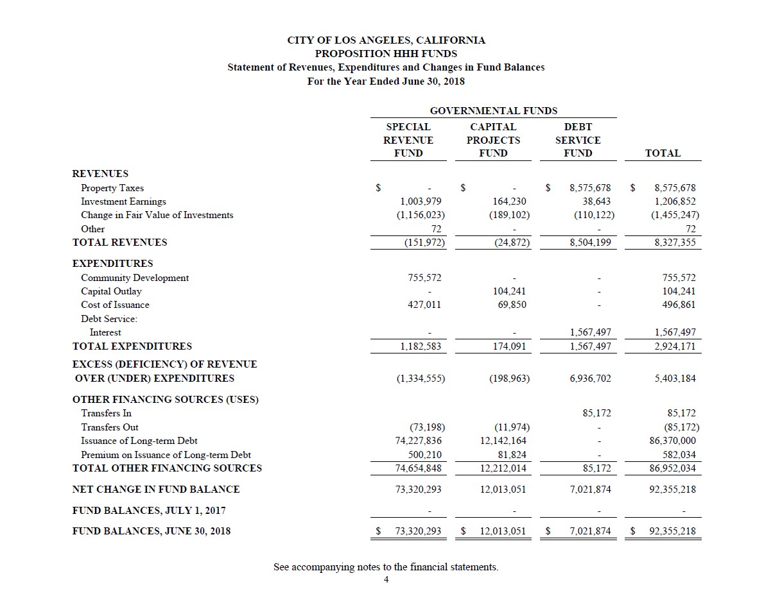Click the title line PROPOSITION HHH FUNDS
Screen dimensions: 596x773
[x=386, y=54]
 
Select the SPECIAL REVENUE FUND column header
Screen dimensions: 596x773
[x=408, y=140]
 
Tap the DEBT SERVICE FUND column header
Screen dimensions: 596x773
[x=577, y=140]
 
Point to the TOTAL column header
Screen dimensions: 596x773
[x=663, y=153]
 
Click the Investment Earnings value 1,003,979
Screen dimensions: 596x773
[x=421, y=201]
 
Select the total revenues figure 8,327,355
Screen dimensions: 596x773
[x=674, y=243]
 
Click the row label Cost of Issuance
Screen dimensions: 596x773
[x=115, y=305]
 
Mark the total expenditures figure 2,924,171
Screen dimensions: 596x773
[x=674, y=346]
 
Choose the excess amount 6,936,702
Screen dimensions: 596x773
[x=590, y=379]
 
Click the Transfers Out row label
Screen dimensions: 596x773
[x=109, y=427]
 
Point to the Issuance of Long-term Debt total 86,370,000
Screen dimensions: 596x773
[x=672, y=441]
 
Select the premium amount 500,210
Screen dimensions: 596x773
[x=425, y=455]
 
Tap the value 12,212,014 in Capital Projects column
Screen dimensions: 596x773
[x=504, y=468]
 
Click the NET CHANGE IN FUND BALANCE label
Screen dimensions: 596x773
[x=156, y=490]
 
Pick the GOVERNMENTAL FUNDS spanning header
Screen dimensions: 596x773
[x=493, y=110]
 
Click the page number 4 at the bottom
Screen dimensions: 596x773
[x=386, y=580]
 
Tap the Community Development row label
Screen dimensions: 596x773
[x=135, y=278]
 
